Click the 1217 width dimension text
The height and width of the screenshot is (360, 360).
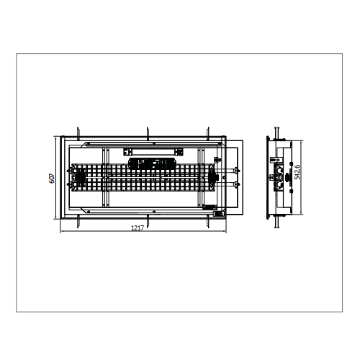pos(138,228)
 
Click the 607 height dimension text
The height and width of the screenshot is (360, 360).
pos(52,179)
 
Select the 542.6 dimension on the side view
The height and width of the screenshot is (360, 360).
pos(297,172)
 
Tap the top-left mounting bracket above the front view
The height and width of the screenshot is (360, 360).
pos(78,133)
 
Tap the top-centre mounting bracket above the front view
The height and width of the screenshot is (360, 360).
pos(148,133)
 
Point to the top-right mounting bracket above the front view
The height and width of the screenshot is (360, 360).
pos(208,133)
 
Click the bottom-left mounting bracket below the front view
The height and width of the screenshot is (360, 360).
pos(78,221)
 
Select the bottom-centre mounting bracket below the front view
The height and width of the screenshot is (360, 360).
pos(148,221)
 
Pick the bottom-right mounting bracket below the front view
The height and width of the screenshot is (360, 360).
pos(208,221)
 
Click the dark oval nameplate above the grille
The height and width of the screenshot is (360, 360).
pos(153,163)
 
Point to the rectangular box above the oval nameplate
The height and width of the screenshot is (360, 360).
pos(153,152)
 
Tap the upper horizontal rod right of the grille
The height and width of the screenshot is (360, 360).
pos(226,171)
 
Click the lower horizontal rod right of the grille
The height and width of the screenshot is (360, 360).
pos(226,184)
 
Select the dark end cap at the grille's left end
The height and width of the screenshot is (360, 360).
pos(79,177)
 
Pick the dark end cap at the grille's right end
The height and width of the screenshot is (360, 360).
pos(213,177)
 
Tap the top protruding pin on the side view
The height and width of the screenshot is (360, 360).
pos(276,132)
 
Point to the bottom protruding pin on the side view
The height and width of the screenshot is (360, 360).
pos(276,222)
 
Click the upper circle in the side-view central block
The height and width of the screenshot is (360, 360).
pos(279,171)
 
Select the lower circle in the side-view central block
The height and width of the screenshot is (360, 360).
pos(279,184)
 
